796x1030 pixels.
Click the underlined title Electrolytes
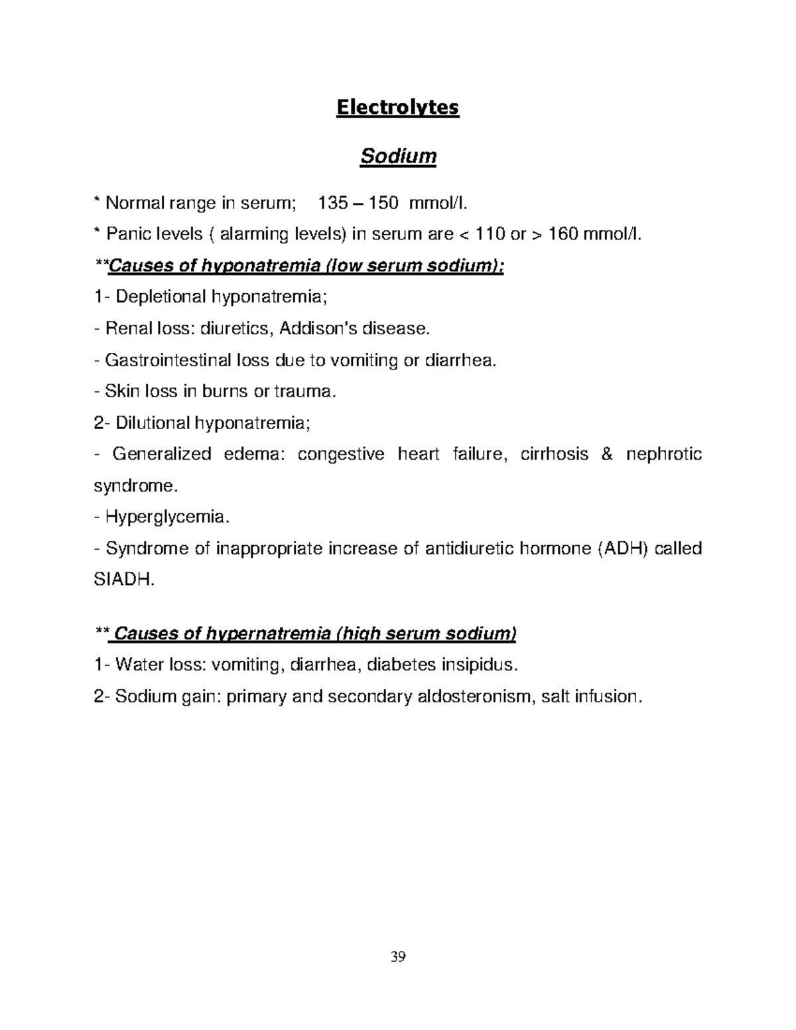coord(397,107)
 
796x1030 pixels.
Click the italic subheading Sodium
coord(397,157)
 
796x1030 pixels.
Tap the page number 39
coord(398,957)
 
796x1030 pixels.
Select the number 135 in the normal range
coord(333,203)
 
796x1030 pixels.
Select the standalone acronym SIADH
coord(123,580)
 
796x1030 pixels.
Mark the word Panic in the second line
coord(125,234)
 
